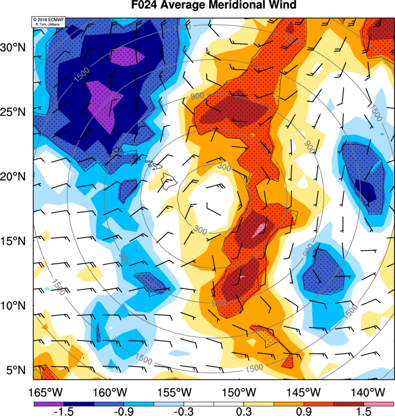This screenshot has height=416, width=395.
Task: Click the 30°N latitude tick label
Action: pos(15,47)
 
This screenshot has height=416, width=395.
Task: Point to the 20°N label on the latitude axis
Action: pos(15,177)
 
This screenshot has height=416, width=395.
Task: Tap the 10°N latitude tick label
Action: pos(15,306)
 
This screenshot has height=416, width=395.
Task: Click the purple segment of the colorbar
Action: pos(49,404)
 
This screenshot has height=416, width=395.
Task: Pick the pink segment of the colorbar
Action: pos(379,404)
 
